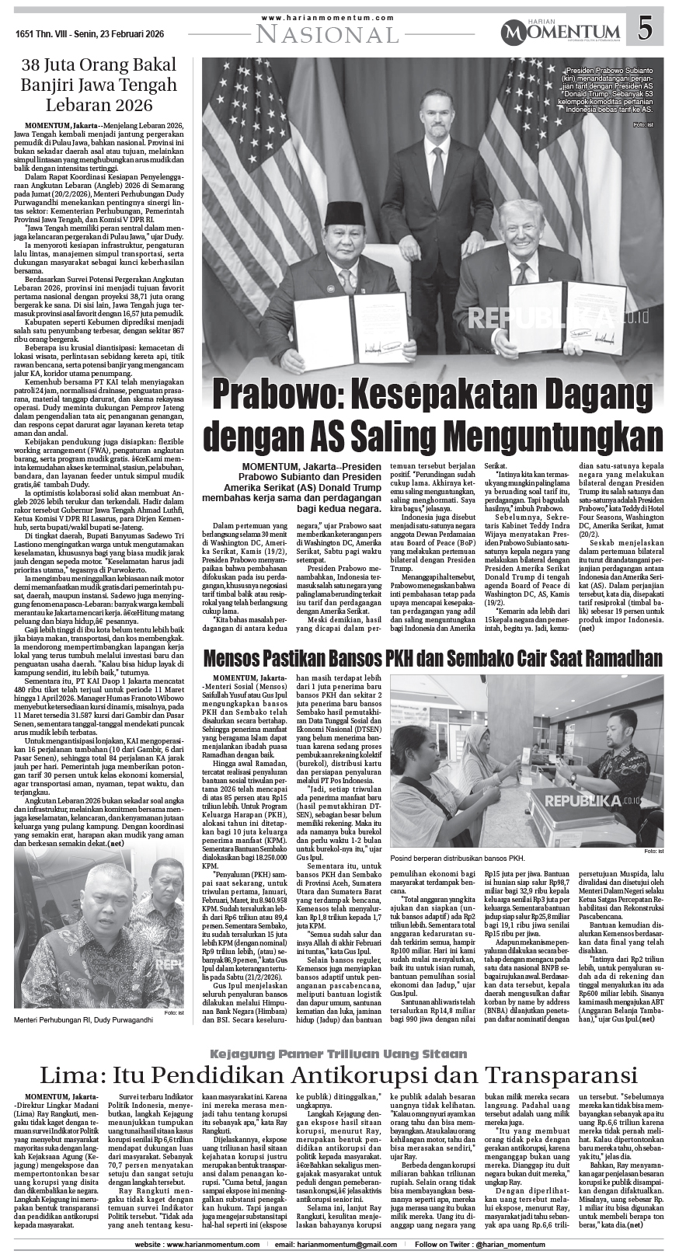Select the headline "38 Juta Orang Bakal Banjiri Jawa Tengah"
99,85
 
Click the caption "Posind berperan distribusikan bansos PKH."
456,859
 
